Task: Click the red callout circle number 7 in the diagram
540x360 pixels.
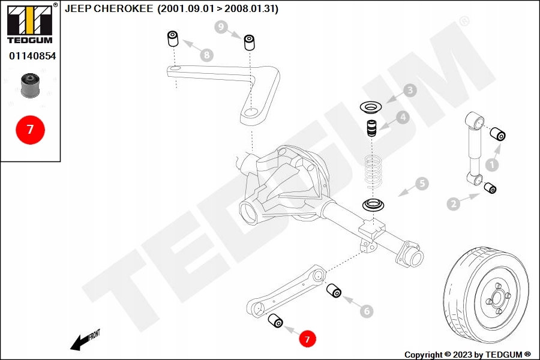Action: (307, 339)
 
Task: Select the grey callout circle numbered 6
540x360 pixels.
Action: (366, 311)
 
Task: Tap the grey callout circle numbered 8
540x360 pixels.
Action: (206, 55)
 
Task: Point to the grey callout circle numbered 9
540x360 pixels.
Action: (221, 27)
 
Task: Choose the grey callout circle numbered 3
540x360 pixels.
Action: (410, 91)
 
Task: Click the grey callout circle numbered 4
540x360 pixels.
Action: (402, 118)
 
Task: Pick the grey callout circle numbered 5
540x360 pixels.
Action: (422, 184)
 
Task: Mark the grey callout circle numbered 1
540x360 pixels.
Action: (492, 163)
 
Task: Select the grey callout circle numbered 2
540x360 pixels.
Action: (454, 204)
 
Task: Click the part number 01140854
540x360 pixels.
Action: (30, 56)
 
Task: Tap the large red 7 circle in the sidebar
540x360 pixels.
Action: (30, 129)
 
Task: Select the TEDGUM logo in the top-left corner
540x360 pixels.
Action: (29, 23)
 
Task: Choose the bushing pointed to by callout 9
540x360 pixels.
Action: (249, 43)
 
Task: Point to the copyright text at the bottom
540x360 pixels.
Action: (467, 355)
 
